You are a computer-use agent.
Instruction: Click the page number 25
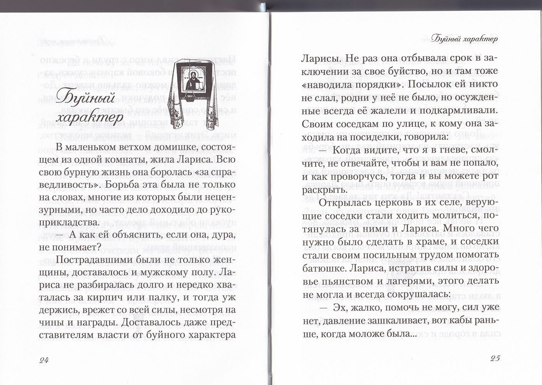(495, 358)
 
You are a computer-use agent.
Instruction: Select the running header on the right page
(464, 39)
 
